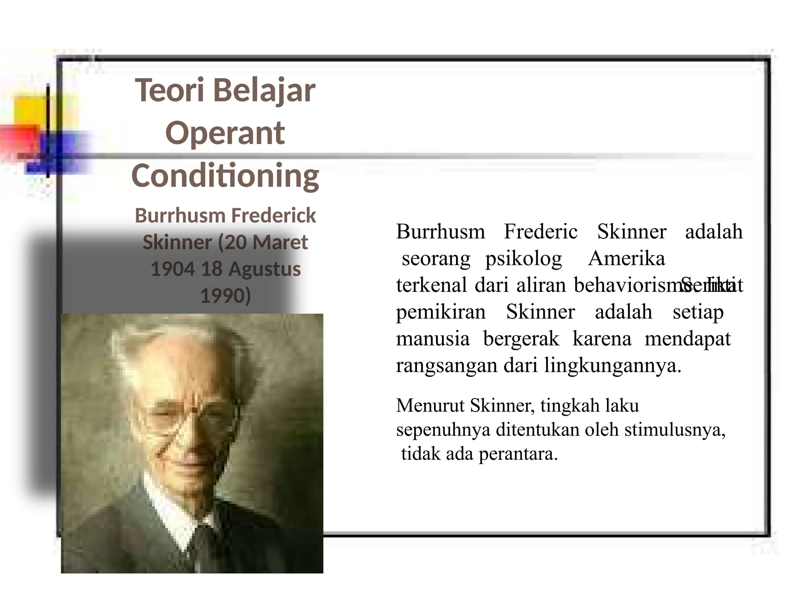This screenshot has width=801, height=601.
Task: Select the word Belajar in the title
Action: (264, 91)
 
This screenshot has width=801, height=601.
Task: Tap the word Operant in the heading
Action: (225, 133)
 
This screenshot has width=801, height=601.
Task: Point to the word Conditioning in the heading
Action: (225, 176)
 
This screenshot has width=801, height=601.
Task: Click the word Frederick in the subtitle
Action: (273, 216)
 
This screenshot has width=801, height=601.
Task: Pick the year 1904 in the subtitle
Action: (172, 269)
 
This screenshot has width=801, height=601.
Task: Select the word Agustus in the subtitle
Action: (264, 269)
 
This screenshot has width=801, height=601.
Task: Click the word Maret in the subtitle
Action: (280, 242)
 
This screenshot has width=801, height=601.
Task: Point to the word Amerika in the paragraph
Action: (626, 259)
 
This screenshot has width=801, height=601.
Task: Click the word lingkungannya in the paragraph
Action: (612, 366)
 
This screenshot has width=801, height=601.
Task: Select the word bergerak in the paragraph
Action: (521, 339)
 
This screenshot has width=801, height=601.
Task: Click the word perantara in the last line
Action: (518, 454)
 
